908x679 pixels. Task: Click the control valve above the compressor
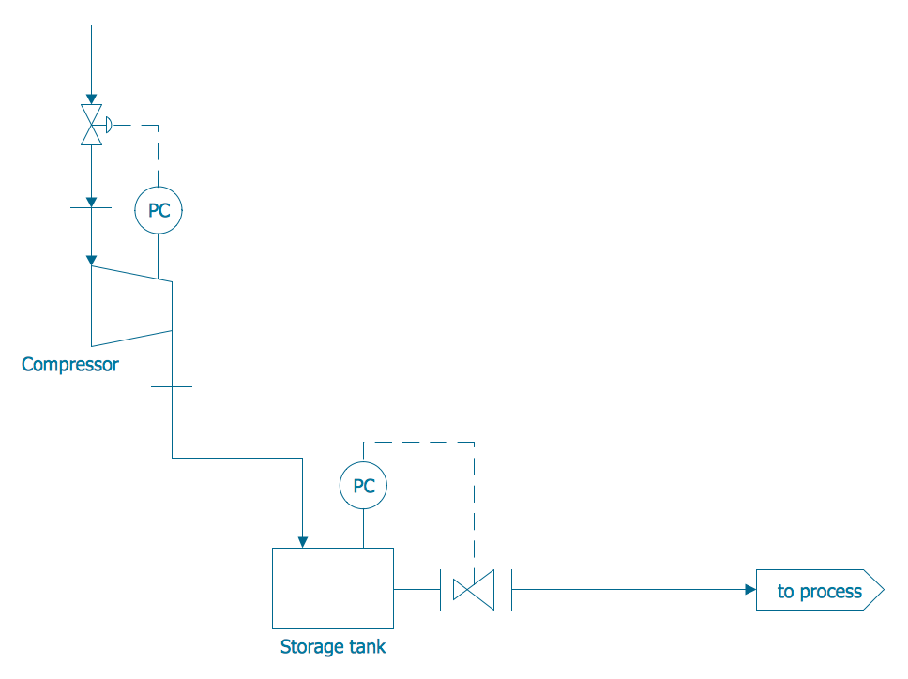pos(91,125)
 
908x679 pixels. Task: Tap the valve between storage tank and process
pos(473,589)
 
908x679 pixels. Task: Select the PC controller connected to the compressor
pos(159,210)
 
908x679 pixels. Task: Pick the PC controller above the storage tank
pos(363,486)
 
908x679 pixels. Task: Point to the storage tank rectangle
pos(332,588)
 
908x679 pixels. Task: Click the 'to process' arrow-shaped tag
pos(819,591)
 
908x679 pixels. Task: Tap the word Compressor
pos(70,364)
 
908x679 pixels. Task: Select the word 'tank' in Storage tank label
pos(366,646)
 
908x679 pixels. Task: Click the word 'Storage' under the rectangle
pos(310,646)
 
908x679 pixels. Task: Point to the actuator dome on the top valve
pos(109,124)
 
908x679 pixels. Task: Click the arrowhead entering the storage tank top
pos(302,541)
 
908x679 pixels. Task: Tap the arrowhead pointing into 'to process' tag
pos(750,589)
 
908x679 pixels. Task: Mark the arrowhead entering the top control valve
pos(91,98)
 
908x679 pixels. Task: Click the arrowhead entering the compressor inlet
pos(91,259)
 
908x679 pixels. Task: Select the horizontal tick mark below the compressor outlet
pos(172,386)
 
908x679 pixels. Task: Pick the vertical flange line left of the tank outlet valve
pos(440,589)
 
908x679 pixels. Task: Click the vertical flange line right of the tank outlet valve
pos(511,589)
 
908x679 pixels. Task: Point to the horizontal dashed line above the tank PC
pos(418,442)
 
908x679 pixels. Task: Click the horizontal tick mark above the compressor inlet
pos(91,207)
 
